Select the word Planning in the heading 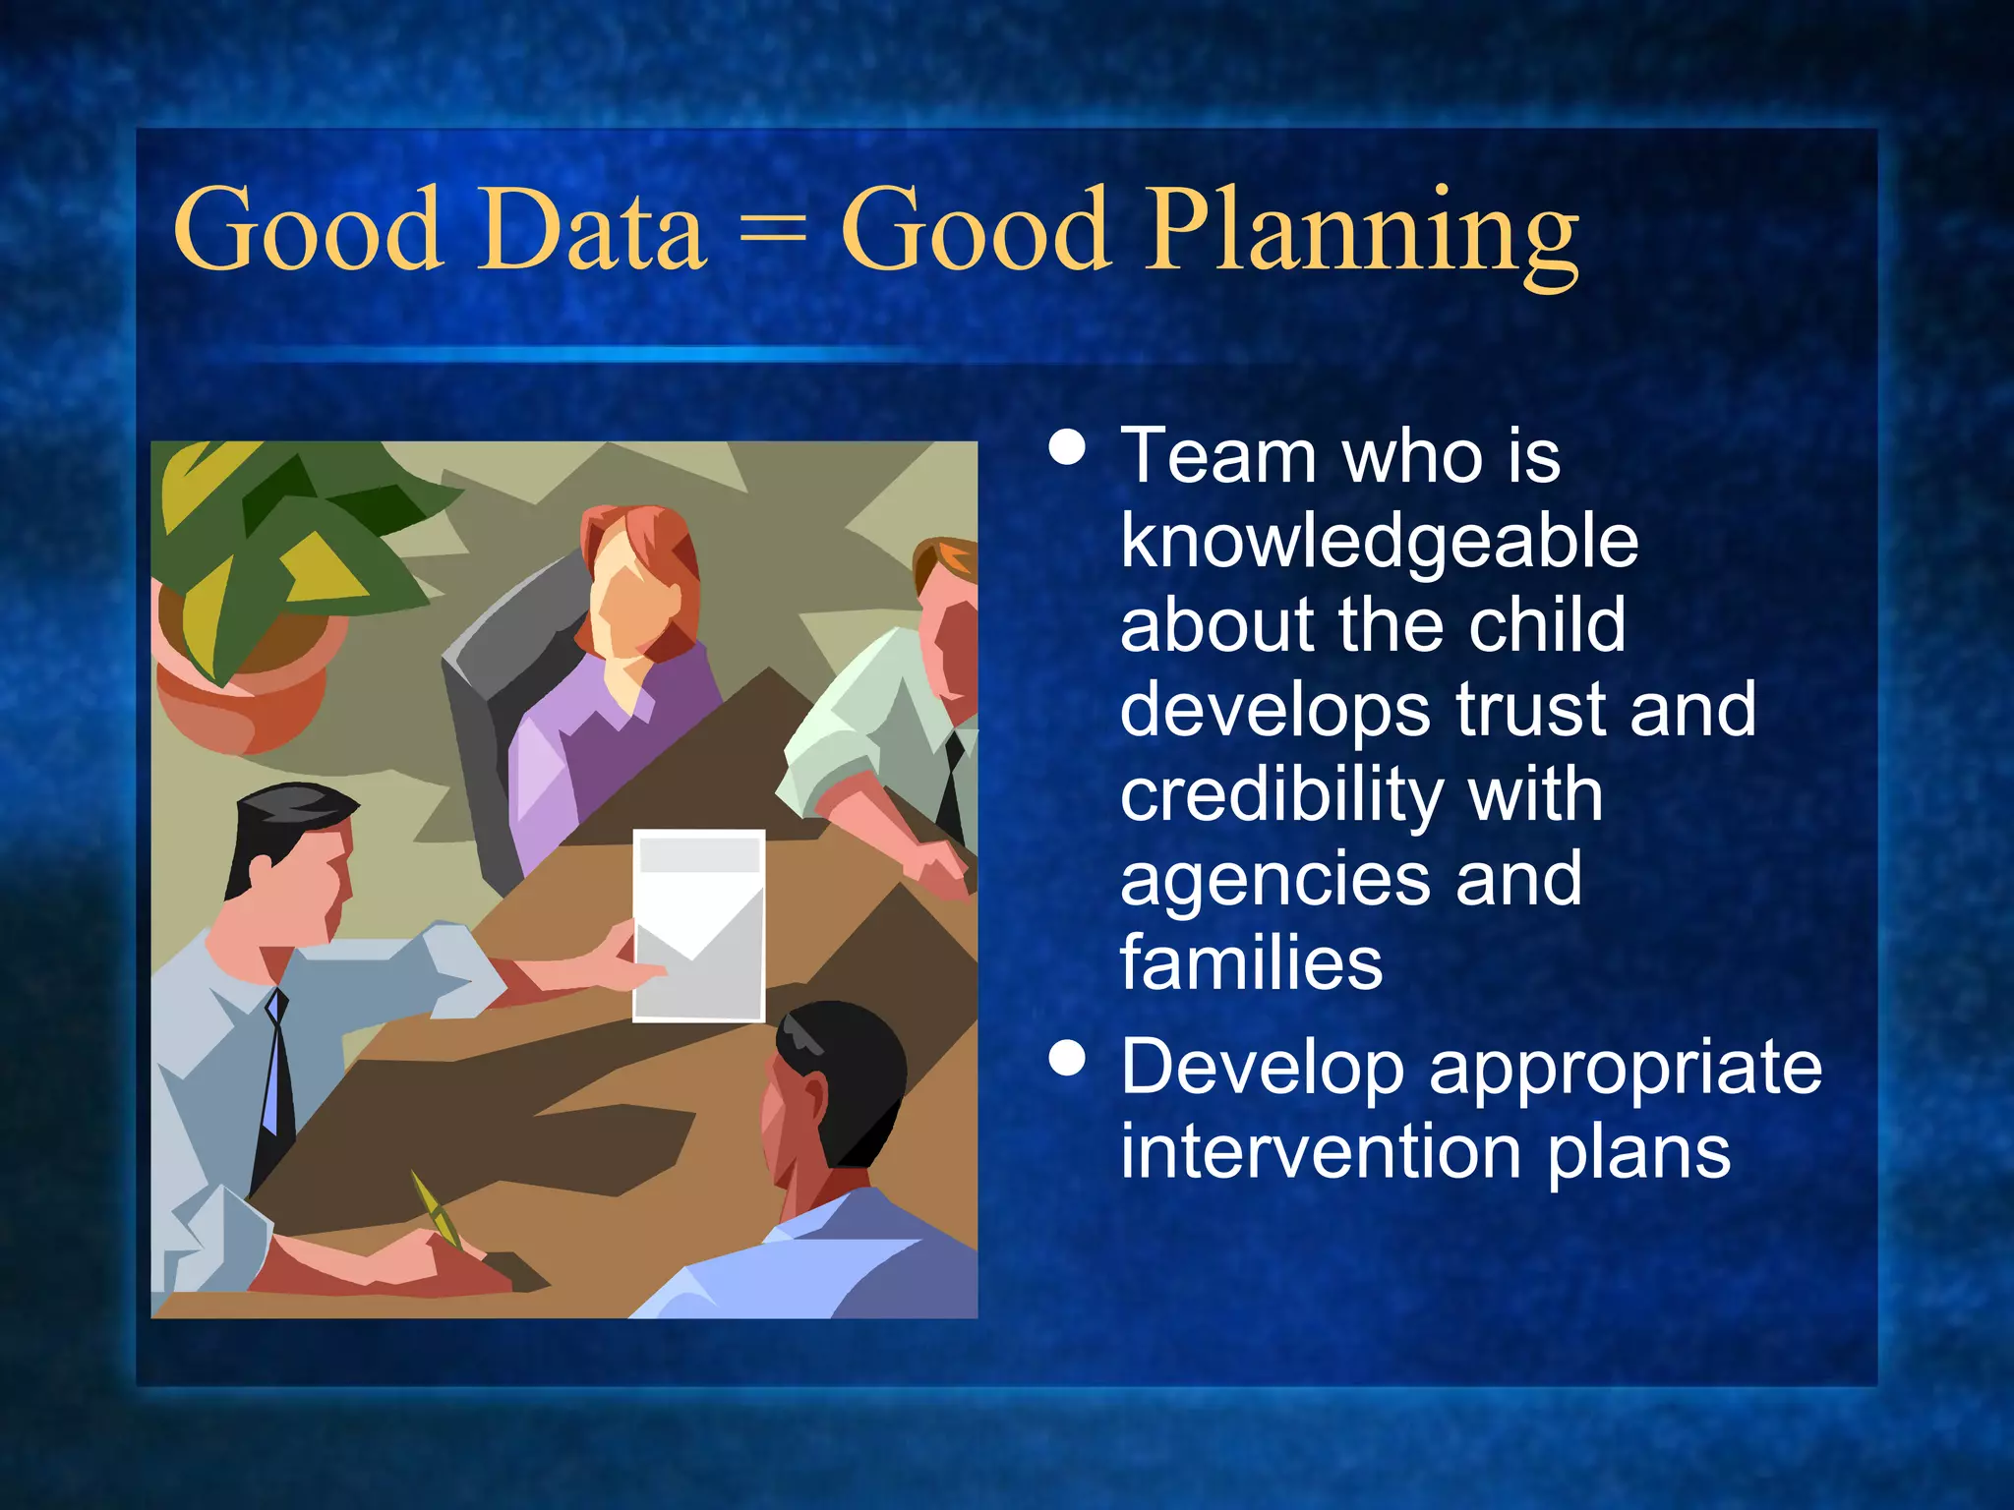pos(1363,236)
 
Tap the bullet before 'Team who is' pos(1067,447)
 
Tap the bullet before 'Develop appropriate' pos(1067,1060)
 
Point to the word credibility pos(1278,796)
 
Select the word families pos(1251,963)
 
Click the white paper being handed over pos(698,924)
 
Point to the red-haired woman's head pos(639,580)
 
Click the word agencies pos(1274,880)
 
